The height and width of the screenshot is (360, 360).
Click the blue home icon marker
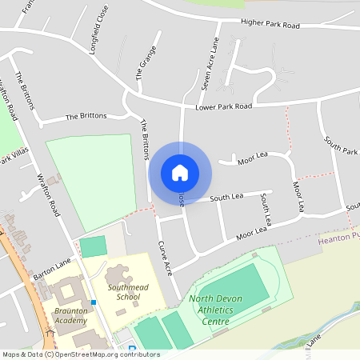179,172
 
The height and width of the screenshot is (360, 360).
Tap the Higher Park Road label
270,26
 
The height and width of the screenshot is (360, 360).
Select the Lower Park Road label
223,106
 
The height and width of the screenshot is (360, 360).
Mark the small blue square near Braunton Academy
94,302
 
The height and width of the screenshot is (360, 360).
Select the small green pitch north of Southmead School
93,246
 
